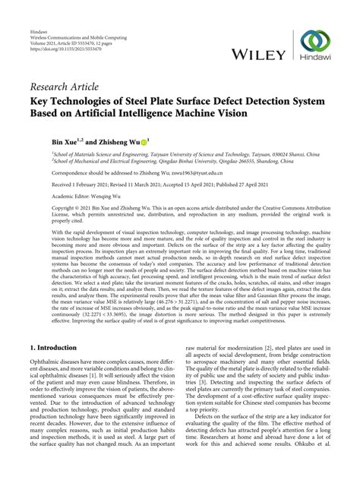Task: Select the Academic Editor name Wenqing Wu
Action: click(x=93, y=195)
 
